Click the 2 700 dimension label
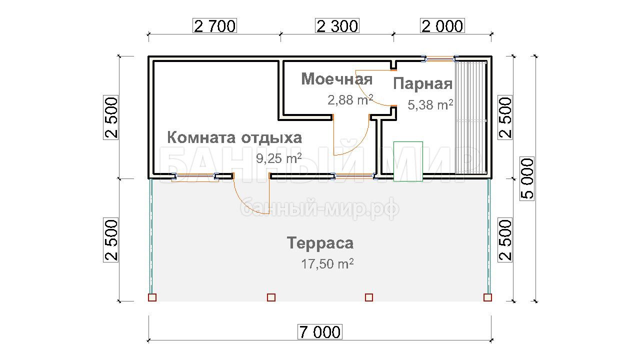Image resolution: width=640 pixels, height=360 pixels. [x=215, y=26]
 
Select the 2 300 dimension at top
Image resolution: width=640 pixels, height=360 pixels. [x=337, y=26]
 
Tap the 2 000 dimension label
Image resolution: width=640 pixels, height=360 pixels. [x=442, y=26]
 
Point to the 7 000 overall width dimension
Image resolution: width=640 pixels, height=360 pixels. [x=319, y=332]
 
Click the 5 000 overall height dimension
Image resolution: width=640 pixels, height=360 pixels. [x=527, y=179]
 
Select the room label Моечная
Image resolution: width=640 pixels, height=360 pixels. [x=337, y=79]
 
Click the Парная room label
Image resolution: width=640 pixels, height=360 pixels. [x=423, y=83]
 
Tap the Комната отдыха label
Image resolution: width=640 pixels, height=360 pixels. [x=234, y=138]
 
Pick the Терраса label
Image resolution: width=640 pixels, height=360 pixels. [x=320, y=243]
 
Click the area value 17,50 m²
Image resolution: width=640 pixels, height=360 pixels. [x=327, y=263]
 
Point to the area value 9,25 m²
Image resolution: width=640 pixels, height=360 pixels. [x=279, y=158]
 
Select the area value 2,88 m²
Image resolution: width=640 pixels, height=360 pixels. [x=350, y=99]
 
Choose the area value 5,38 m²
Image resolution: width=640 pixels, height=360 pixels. [x=430, y=104]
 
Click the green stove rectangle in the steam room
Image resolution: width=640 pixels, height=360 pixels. [x=408, y=161]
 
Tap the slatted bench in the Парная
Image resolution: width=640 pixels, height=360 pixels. [x=471, y=117]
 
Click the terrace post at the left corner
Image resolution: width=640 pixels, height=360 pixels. [x=152, y=297]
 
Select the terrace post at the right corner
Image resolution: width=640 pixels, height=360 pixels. [x=487, y=297]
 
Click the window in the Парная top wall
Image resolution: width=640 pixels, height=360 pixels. [x=440, y=59]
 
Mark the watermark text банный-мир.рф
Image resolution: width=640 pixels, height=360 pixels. [x=319, y=208]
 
